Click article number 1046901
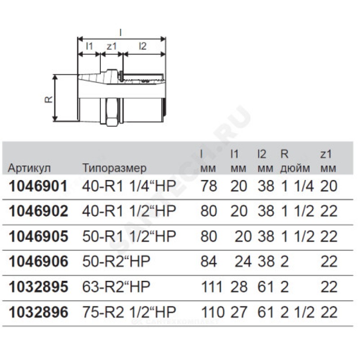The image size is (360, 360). [38, 186]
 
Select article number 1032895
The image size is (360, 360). [38, 287]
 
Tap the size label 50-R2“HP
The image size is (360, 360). [116, 261]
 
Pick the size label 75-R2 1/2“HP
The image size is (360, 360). [129, 312]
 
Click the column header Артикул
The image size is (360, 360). [29, 168]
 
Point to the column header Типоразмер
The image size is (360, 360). [114, 168]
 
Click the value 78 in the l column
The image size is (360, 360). [208, 186]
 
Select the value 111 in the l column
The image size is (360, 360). [211, 287]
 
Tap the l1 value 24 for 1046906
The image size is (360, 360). [243, 261]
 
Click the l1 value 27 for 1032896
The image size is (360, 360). [239, 312]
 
